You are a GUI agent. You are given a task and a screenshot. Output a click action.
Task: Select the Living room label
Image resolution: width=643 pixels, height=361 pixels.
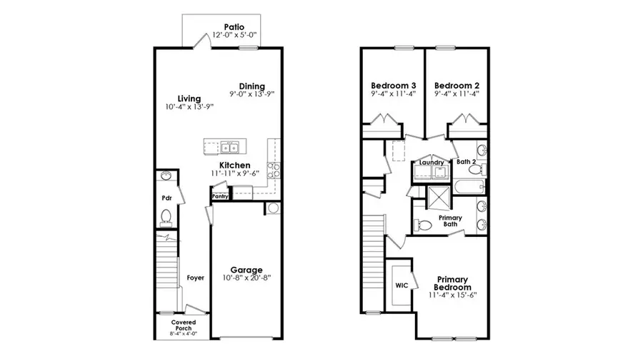[x=189, y=98]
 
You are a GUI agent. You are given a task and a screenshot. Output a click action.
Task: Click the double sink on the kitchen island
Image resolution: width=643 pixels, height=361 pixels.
[x=229, y=148]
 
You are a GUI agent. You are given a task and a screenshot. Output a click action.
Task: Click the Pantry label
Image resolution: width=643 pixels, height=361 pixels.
[x=220, y=195]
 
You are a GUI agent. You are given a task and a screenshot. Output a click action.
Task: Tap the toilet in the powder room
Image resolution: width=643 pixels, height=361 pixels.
[x=166, y=216]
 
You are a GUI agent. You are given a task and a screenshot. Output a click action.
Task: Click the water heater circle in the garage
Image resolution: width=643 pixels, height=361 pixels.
[x=272, y=208]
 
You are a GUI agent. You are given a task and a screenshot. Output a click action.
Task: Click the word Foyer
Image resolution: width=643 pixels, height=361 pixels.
[x=195, y=278]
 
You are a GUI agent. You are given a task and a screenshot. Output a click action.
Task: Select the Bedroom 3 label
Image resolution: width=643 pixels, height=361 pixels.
[x=394, y=83]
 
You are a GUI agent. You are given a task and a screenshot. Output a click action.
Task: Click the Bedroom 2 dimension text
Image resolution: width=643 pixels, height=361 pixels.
[x=457, y=92]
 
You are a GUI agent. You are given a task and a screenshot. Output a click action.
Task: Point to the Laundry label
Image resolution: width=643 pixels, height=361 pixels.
[x=432, y=163]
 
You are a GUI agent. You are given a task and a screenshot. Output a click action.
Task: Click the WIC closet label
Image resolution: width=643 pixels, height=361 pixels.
[x=402, y=285]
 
